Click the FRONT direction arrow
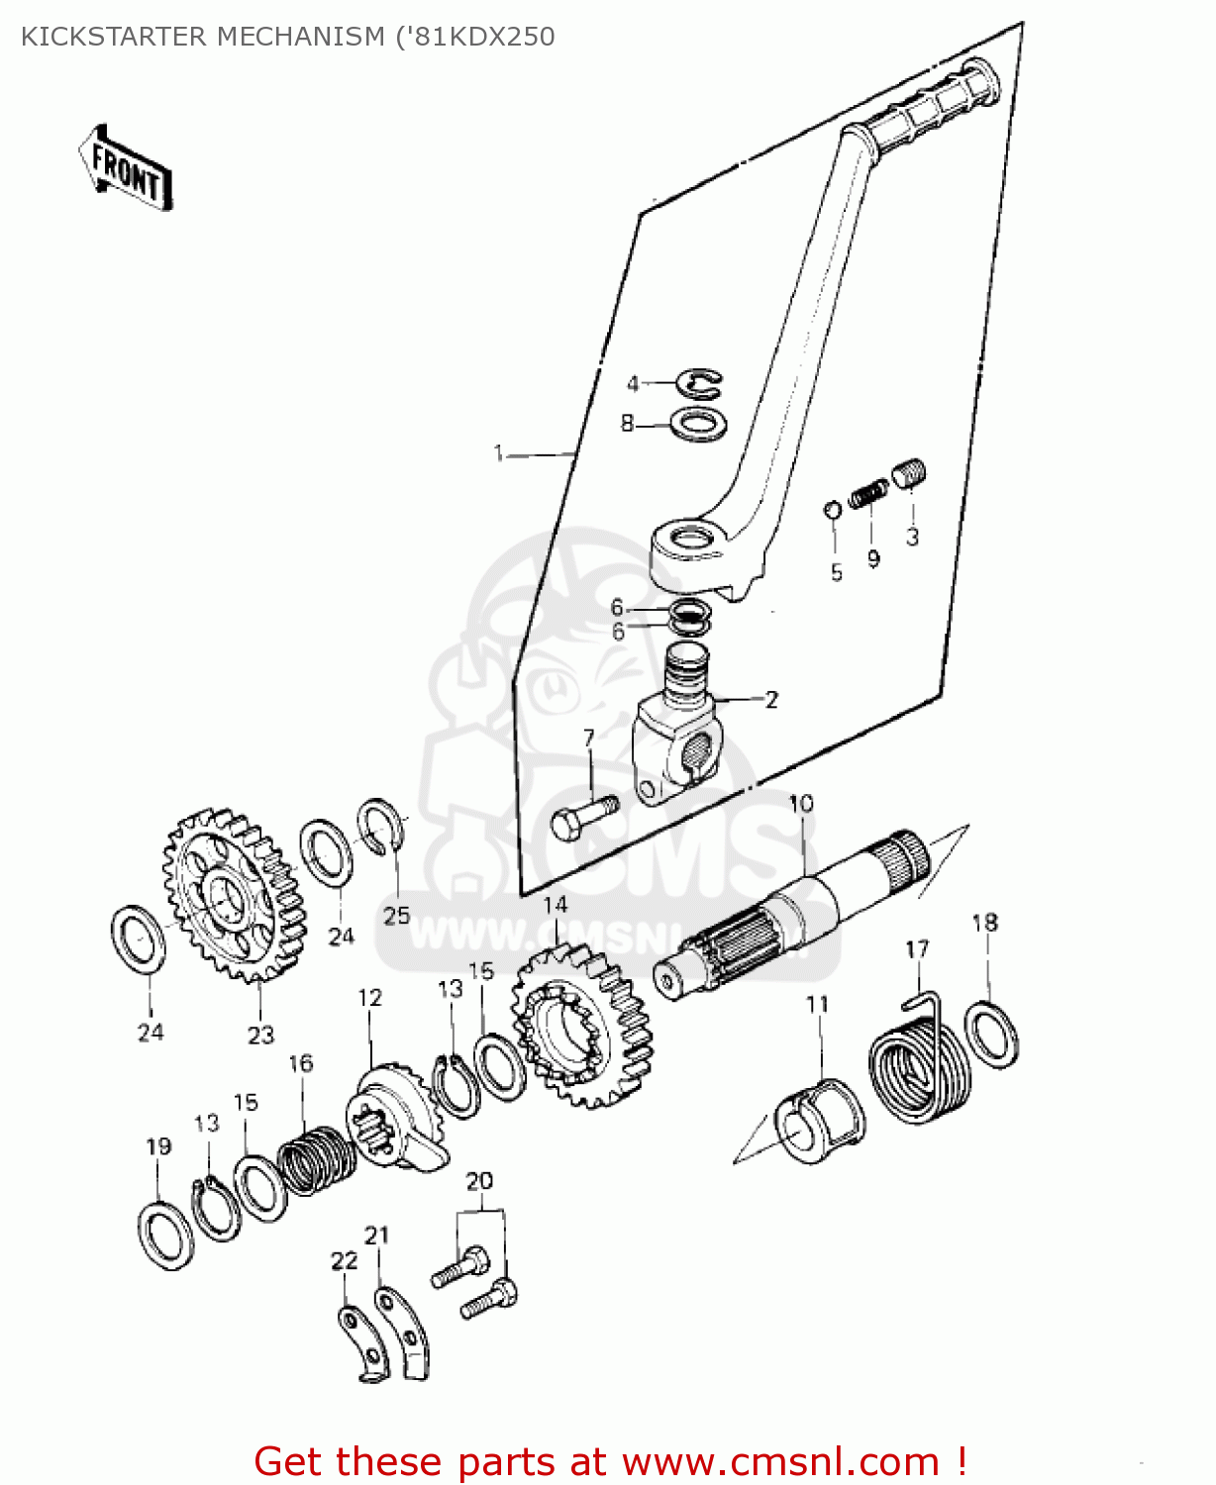(x=126, y=168)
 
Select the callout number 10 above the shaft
(x=800, y=803)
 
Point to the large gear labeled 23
(x=234, y=895)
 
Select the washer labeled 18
(x=991, y=1035)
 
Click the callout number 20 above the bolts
(x=479, y=1181)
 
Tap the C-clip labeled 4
(x=701, y=384)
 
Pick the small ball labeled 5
(x=833, y=510)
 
